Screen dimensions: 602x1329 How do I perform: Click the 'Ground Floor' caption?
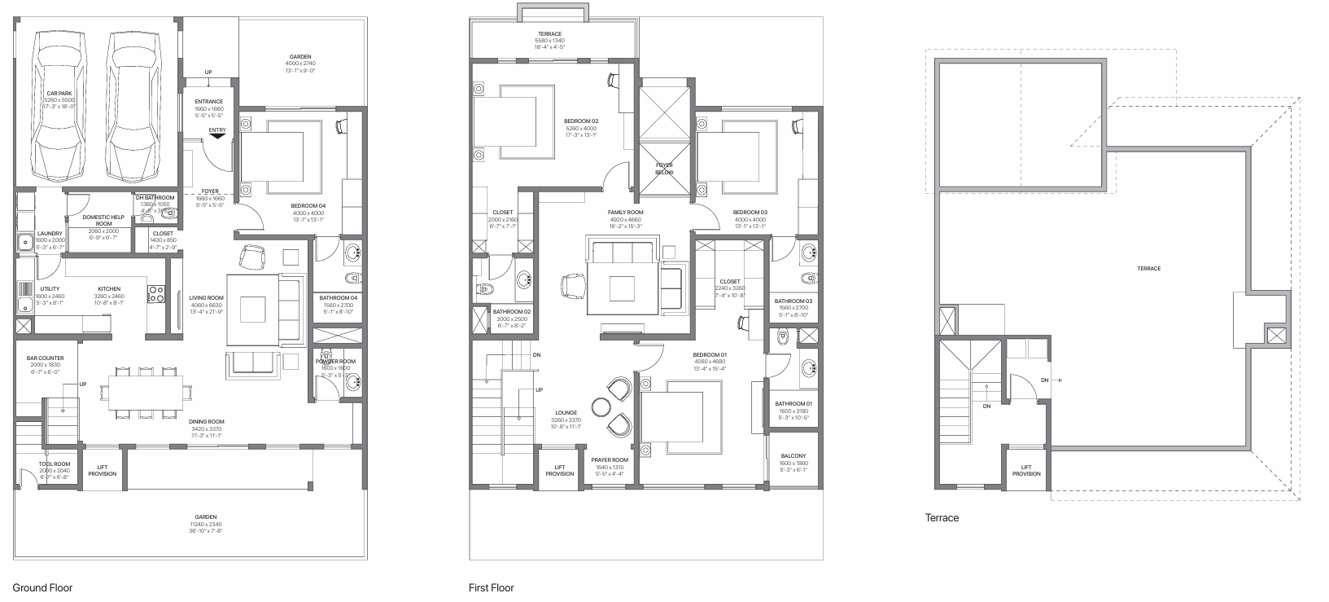pyautogui.click(x=42, y=587)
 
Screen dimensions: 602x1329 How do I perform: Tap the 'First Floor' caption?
pyautogui.click(x=491, y=587)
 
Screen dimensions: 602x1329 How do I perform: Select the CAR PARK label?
pyautogui.click(x=59, y=93)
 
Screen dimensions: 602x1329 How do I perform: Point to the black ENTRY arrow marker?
pyautogui.click(x=217, y=137)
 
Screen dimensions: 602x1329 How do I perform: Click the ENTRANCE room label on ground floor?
pyautogui.click(x=208, y=102)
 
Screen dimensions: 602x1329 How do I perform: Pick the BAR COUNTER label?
pyautogui.click(x=45, y=358)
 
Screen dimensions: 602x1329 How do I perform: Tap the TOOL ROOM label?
pyautogui.click(x=55, y=464)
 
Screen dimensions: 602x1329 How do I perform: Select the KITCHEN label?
pyautogui.click(x=109, y=289)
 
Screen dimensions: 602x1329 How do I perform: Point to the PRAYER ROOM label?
pyautogui.click(x=610, y=459)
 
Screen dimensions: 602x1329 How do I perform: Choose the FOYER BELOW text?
pyautogui.click(x=664, y=168)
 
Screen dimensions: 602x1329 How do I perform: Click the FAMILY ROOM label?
pyautogui.click(x=625, y=212)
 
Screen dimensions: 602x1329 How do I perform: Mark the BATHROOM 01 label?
pyautogui.click(x=793, y=404)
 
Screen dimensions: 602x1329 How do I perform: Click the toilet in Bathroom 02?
pyautogui.click(x=483, y=288)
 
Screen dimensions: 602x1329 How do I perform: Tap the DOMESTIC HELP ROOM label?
pyautogui.click(x=103, y=220)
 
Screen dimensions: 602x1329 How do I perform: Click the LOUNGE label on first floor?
pyautogui.click(x=566, y=413)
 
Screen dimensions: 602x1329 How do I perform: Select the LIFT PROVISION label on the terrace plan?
pyautogui.click(x=1026, y=470)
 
